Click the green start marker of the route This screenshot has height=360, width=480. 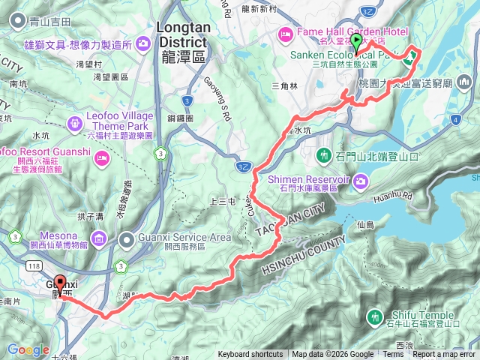pyautogui.click(x=356, y=41)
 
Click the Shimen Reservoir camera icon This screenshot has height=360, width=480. pyautogui.click(x=361, y=180)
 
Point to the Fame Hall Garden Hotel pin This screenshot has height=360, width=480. pyautogui.click(x=286, y=32)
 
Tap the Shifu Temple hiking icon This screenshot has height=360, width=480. pyautogui.click(x=376, y=316)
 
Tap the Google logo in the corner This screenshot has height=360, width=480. pyautogui.click(x=28, y=349)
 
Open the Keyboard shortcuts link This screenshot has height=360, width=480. pyautogui.click(x=250, y=355)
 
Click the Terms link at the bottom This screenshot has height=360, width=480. pyautogui.click(x=393, y=355)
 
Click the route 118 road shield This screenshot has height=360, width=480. pyautogui.click(x=35, y=266)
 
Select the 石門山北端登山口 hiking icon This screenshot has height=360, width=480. pyautogui.click(x=324, y=156)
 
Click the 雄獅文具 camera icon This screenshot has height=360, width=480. pyautogui.click(x=142, y=45)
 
